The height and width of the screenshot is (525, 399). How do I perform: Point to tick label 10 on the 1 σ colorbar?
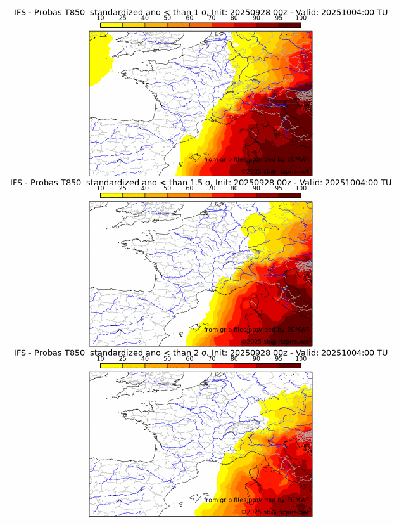100,18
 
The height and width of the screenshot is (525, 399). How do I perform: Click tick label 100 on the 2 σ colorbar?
301,358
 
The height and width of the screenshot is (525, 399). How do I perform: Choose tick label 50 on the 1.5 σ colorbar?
167,188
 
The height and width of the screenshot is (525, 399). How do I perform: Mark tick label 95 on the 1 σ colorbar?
279,18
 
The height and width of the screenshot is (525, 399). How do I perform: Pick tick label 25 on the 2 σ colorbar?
123,358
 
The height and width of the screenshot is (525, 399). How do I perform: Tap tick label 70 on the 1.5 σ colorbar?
212,188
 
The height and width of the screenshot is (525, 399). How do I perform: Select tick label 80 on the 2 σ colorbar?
234,358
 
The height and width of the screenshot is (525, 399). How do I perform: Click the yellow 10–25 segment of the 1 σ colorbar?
111,25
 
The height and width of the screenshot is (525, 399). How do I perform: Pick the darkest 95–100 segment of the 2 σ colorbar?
289,365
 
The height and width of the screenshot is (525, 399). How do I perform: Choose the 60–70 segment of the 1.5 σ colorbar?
201,195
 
